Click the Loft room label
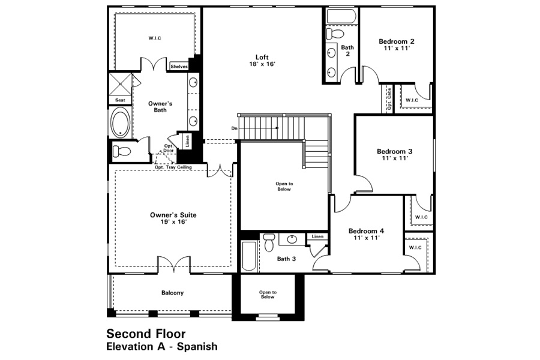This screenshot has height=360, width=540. (262, 60)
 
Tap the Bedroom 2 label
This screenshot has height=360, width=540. (397, 45)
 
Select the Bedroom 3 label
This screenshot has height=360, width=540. (395, 155)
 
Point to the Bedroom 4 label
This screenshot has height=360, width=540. (366, 234)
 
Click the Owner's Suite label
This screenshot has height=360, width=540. (173, 218)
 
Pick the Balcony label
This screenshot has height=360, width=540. (173, 293)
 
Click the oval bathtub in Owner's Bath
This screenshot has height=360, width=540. (120, 122)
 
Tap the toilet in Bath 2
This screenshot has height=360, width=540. (335, 34)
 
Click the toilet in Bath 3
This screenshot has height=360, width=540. (269, 242)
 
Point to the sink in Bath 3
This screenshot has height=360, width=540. (292, 239)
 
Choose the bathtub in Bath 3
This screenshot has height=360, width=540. (249, 256)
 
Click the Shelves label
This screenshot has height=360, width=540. (179, 67)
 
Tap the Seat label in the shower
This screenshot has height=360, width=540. (120, 100)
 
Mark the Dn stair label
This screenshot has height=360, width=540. (234, 128)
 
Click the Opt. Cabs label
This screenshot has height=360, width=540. (389, 99)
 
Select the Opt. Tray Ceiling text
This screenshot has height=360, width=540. (173, 167)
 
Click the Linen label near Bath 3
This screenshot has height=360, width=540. (317, 236)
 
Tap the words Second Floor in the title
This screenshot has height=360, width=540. (146, 334)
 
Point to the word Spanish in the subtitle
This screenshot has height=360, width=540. (197, 346)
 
